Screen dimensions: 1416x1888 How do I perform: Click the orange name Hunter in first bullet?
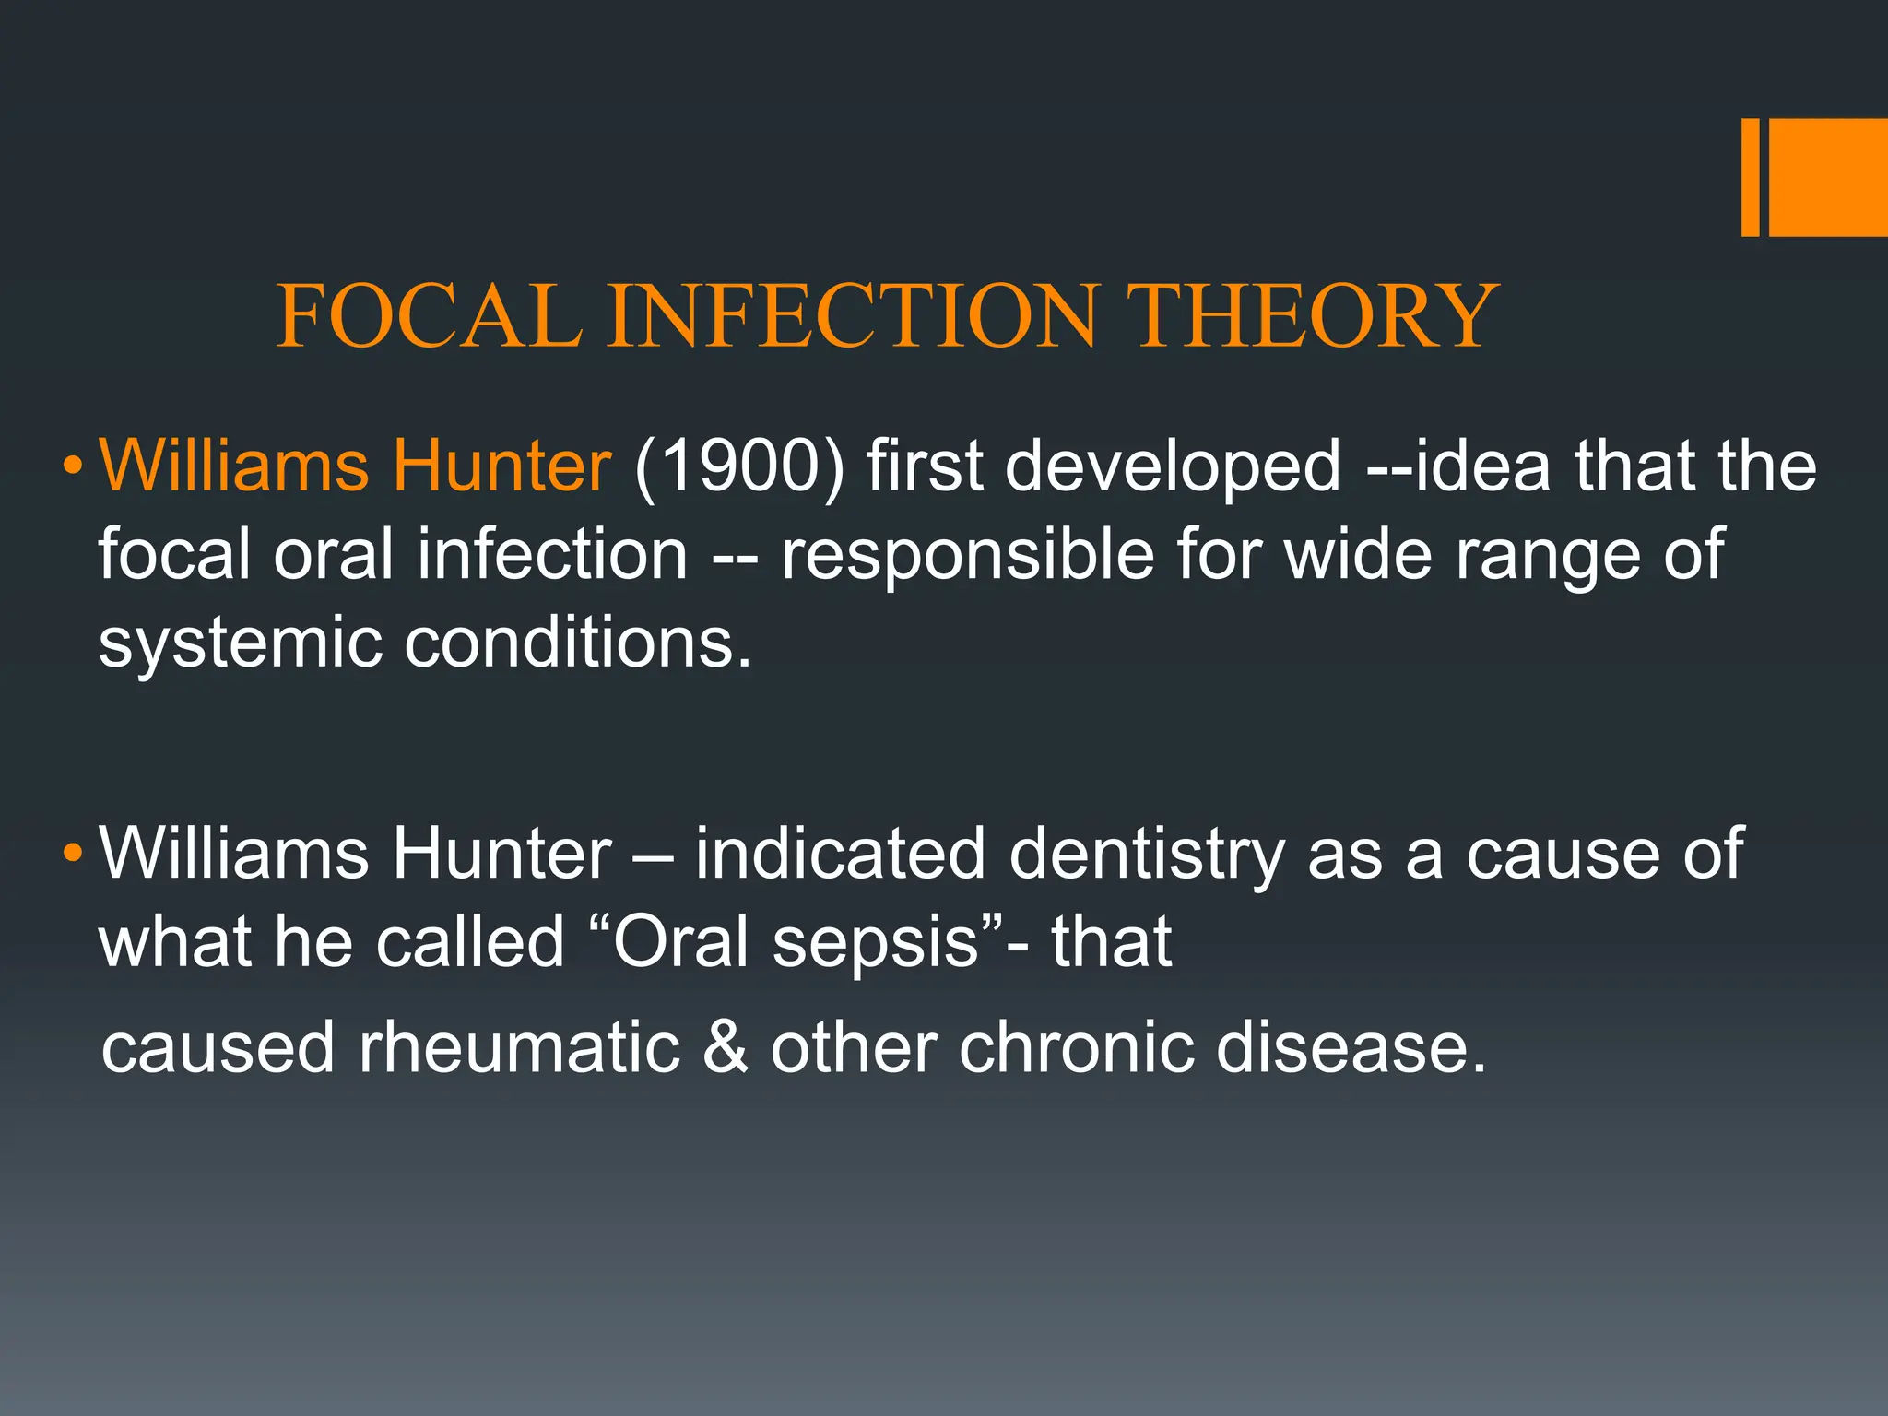(x=501, y=465)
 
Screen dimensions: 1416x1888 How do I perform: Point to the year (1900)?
(x=739, y=465)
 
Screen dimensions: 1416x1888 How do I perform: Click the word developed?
(x=1173, y=465)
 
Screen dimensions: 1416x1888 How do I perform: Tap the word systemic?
(x=240, y=643)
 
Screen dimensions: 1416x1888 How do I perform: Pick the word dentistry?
(x=1147, y=854)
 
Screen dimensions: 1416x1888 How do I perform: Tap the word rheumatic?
(x=519, y=1048)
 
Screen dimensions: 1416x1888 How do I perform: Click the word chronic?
(x=1076, y=1047)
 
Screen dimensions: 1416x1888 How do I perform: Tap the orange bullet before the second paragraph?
(x=72, y=853)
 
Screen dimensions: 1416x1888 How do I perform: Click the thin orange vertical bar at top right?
(x=1750, y=177)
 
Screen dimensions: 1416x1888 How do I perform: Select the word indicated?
(x=840, y=854)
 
